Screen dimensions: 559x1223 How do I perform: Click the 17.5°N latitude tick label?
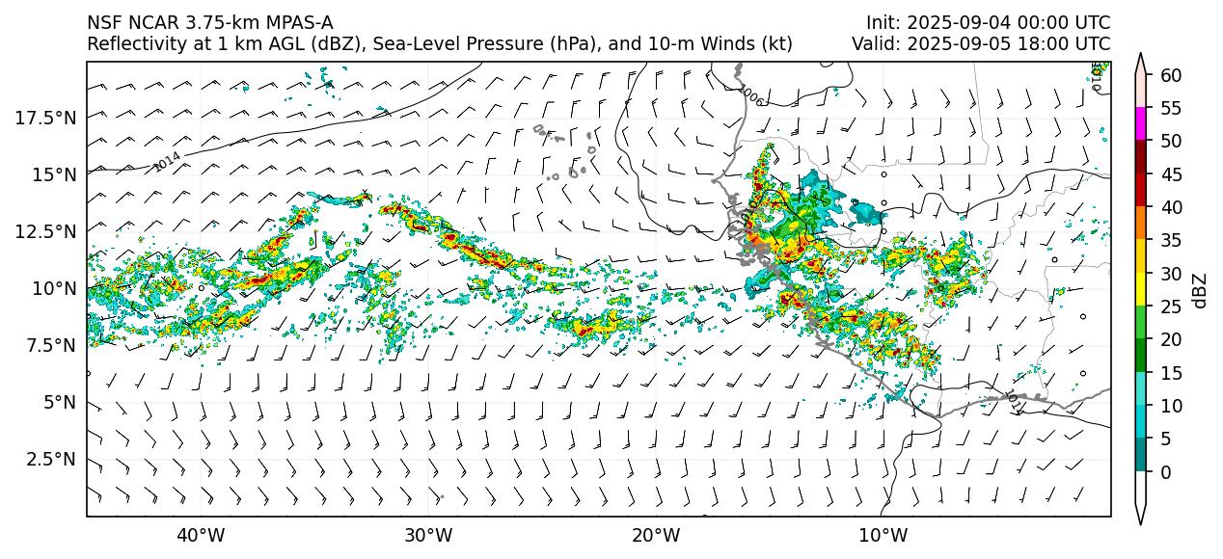coord(47,118)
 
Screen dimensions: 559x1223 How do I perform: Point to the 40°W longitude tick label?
coord(201,535)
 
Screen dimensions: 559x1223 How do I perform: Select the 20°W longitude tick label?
coord(655,535)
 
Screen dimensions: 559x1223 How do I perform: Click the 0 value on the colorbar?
coord(1165,472)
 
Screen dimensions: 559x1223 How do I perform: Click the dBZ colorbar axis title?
coord(1200,289)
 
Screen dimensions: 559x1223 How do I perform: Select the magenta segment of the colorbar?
coord(1141,124)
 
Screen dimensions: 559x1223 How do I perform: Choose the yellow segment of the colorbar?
coord(1141,290)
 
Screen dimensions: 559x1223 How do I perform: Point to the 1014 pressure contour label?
coord(167,162)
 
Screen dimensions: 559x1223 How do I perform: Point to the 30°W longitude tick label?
coord(428,535)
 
